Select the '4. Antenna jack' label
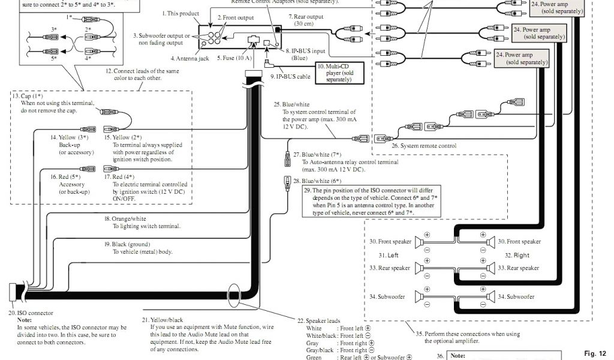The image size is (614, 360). tap(189, 59)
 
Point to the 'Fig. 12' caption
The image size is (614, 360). tap(595, 353)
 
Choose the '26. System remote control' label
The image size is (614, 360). tap(424, 146)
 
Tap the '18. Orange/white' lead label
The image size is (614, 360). tap(125, 219)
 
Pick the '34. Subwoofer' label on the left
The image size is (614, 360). tap(387, 296)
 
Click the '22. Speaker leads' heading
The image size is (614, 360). tap(319, 321)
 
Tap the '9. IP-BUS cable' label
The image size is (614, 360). tap(290, 77)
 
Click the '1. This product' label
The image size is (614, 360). tap(180, 13)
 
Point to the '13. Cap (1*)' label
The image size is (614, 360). tap(28, 96)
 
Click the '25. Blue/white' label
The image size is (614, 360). tap(292, 104)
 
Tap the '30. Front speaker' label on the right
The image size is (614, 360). tap(519, 242)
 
